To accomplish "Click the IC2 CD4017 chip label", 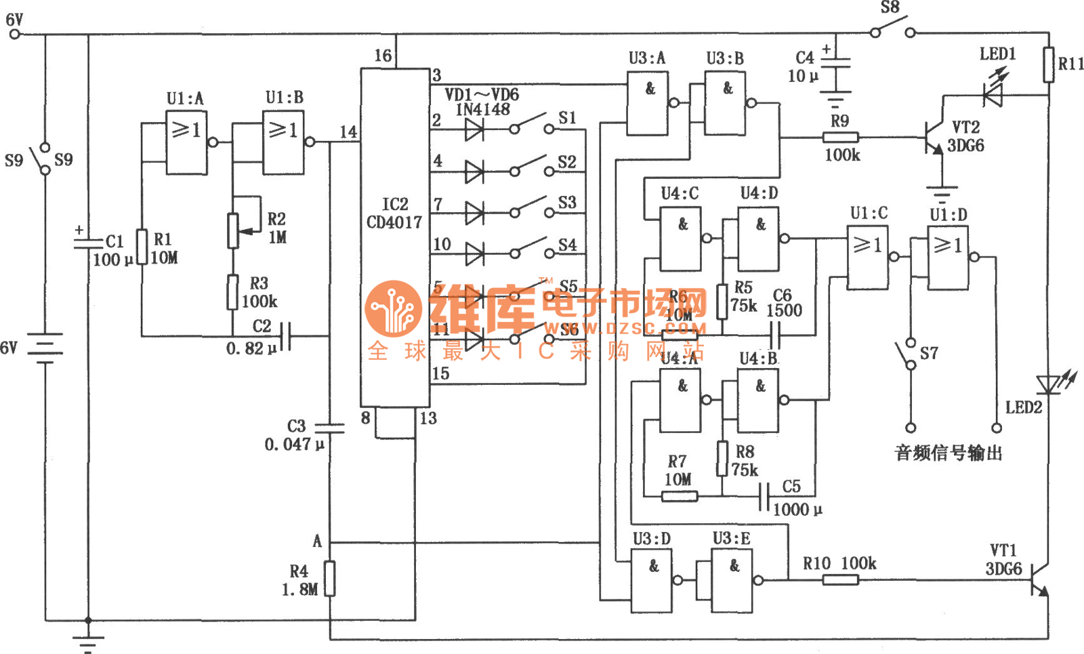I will click(394, 213).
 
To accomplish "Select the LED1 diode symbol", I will click(993, 96).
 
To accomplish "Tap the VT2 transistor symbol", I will click(934, 138).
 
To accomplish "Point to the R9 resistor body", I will click(841, 138).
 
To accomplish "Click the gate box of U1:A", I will click(186, 142).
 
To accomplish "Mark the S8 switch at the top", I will click(893, 30).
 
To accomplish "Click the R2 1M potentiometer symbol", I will click(233, 230).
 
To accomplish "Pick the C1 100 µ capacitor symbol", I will click(88, 241).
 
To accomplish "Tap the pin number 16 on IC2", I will click(383, 56).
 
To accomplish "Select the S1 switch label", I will click(567, 119).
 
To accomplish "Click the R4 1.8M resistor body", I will click(330, 578).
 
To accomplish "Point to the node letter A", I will click(317, 541).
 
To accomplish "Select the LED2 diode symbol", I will click(1048, 384).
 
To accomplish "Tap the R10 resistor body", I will click(840, 579).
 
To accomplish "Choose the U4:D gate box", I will click(758, 239).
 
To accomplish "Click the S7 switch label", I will click(929, 353).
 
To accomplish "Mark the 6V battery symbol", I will click(45, 348).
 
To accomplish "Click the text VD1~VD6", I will click(482, 94).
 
